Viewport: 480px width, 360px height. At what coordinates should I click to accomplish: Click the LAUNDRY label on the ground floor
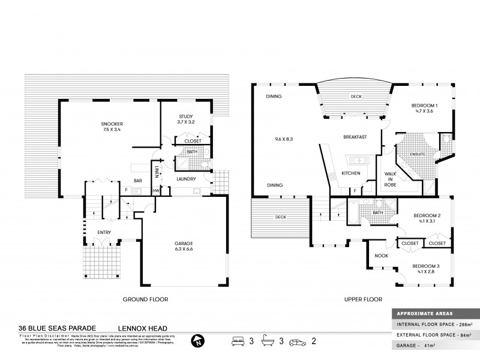point(187,178)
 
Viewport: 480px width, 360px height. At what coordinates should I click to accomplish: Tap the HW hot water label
point(156,191)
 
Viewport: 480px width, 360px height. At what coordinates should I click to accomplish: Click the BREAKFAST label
point(355,137)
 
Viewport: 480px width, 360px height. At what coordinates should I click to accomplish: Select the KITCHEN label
point(350,173)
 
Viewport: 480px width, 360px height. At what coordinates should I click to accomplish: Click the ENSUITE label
point(418,154)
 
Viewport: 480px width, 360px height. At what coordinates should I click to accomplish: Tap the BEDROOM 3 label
point(427,267)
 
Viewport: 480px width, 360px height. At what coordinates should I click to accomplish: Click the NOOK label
point(381,256)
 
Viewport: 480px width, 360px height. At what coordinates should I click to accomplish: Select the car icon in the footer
point(298,341)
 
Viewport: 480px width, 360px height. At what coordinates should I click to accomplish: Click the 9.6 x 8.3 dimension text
point(284,139)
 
